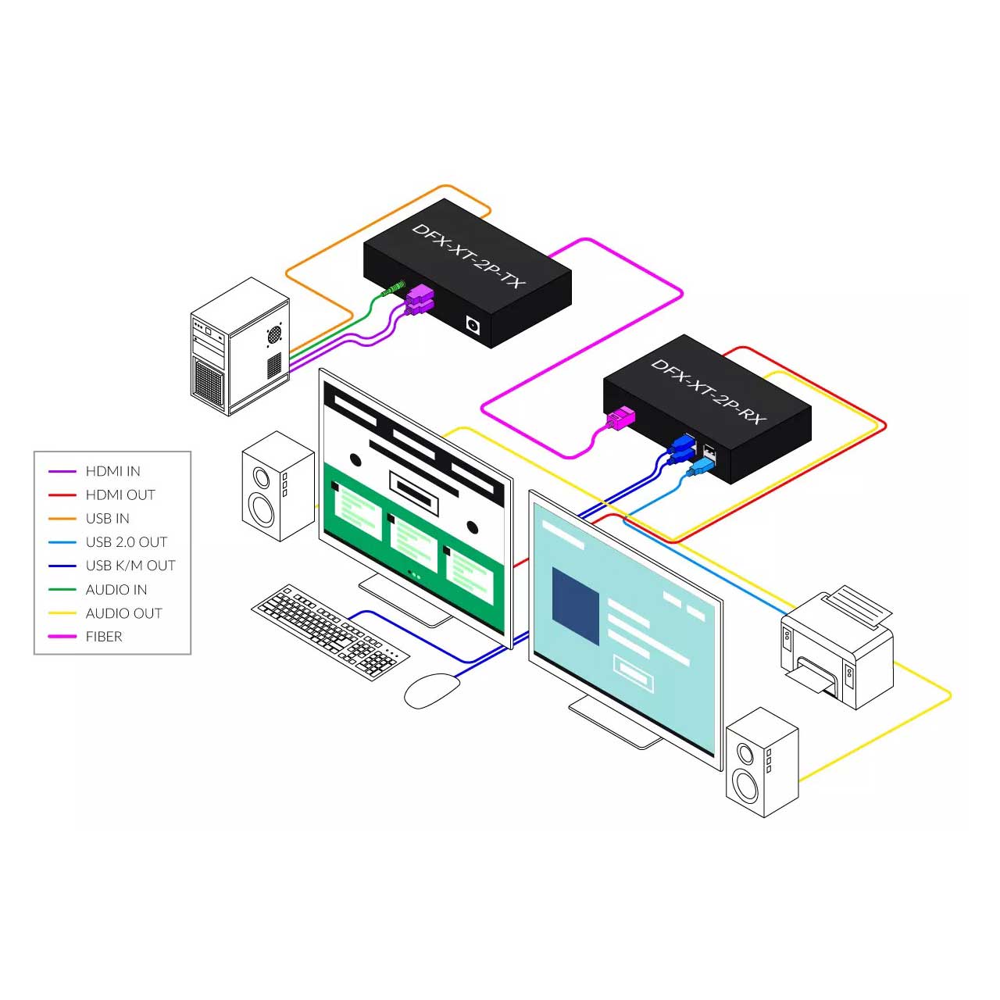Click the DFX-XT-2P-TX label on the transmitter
469,255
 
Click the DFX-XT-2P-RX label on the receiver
708,391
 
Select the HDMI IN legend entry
112,471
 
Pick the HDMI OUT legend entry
120,495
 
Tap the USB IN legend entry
107,518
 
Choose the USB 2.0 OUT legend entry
126,542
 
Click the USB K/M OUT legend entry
130,566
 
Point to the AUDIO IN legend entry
116,590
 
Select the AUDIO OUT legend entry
123,613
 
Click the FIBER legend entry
103,637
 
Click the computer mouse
431,691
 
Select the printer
837,648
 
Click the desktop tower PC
239,347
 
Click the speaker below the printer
762,762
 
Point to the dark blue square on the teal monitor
575,596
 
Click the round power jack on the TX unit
472,323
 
